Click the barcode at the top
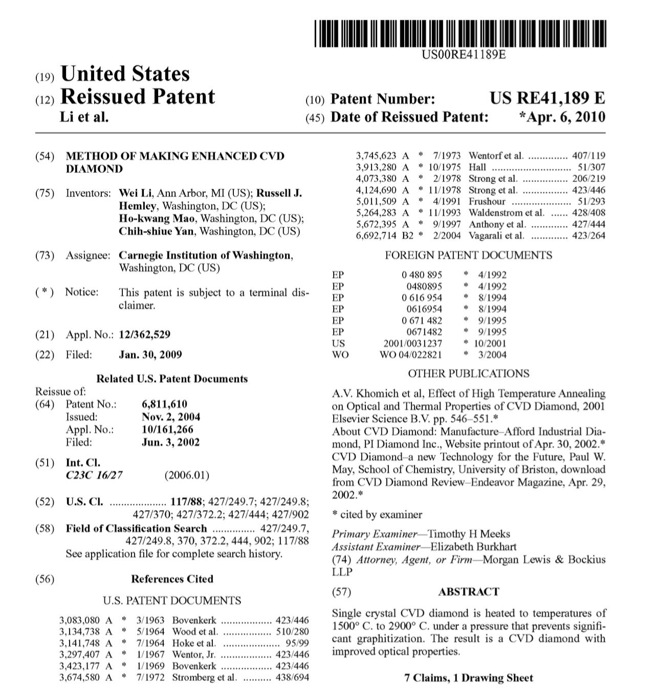tap(460, 34)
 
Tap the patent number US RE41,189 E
tap(546, 98)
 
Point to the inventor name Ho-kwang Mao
tap(157, 219)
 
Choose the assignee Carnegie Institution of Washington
tap(205, 255)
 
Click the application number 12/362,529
tap(144, 335)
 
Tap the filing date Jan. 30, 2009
tap(150, 355)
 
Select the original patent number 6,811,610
tap(164, 404)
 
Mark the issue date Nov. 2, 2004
tap(170, 417)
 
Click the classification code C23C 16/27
tap(94, 475)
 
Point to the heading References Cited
tap(172, 579)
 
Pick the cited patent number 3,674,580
tap(80, 678)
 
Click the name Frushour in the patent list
tap(487, 202)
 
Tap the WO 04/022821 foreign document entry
tap(411, 355)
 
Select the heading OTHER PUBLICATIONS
tap(468, 374)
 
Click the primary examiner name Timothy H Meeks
tap(469, 534)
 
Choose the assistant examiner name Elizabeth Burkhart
tap(473, 547)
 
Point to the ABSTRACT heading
tap(468, 592)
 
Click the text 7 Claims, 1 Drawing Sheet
tap(468, 678)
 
